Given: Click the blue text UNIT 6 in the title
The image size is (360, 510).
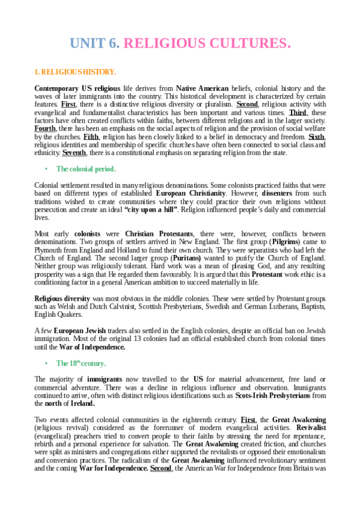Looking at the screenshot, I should [x=95, y=43].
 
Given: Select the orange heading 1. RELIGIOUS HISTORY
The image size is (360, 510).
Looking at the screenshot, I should [x=72, y=72].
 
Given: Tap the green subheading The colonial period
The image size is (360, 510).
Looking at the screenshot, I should [x=86, y=169].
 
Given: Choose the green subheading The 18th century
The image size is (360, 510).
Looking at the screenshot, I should [x=81, y=363].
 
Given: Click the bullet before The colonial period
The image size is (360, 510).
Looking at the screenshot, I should [x=47, y=169].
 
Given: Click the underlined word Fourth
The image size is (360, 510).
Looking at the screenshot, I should [x=46, y=128].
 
